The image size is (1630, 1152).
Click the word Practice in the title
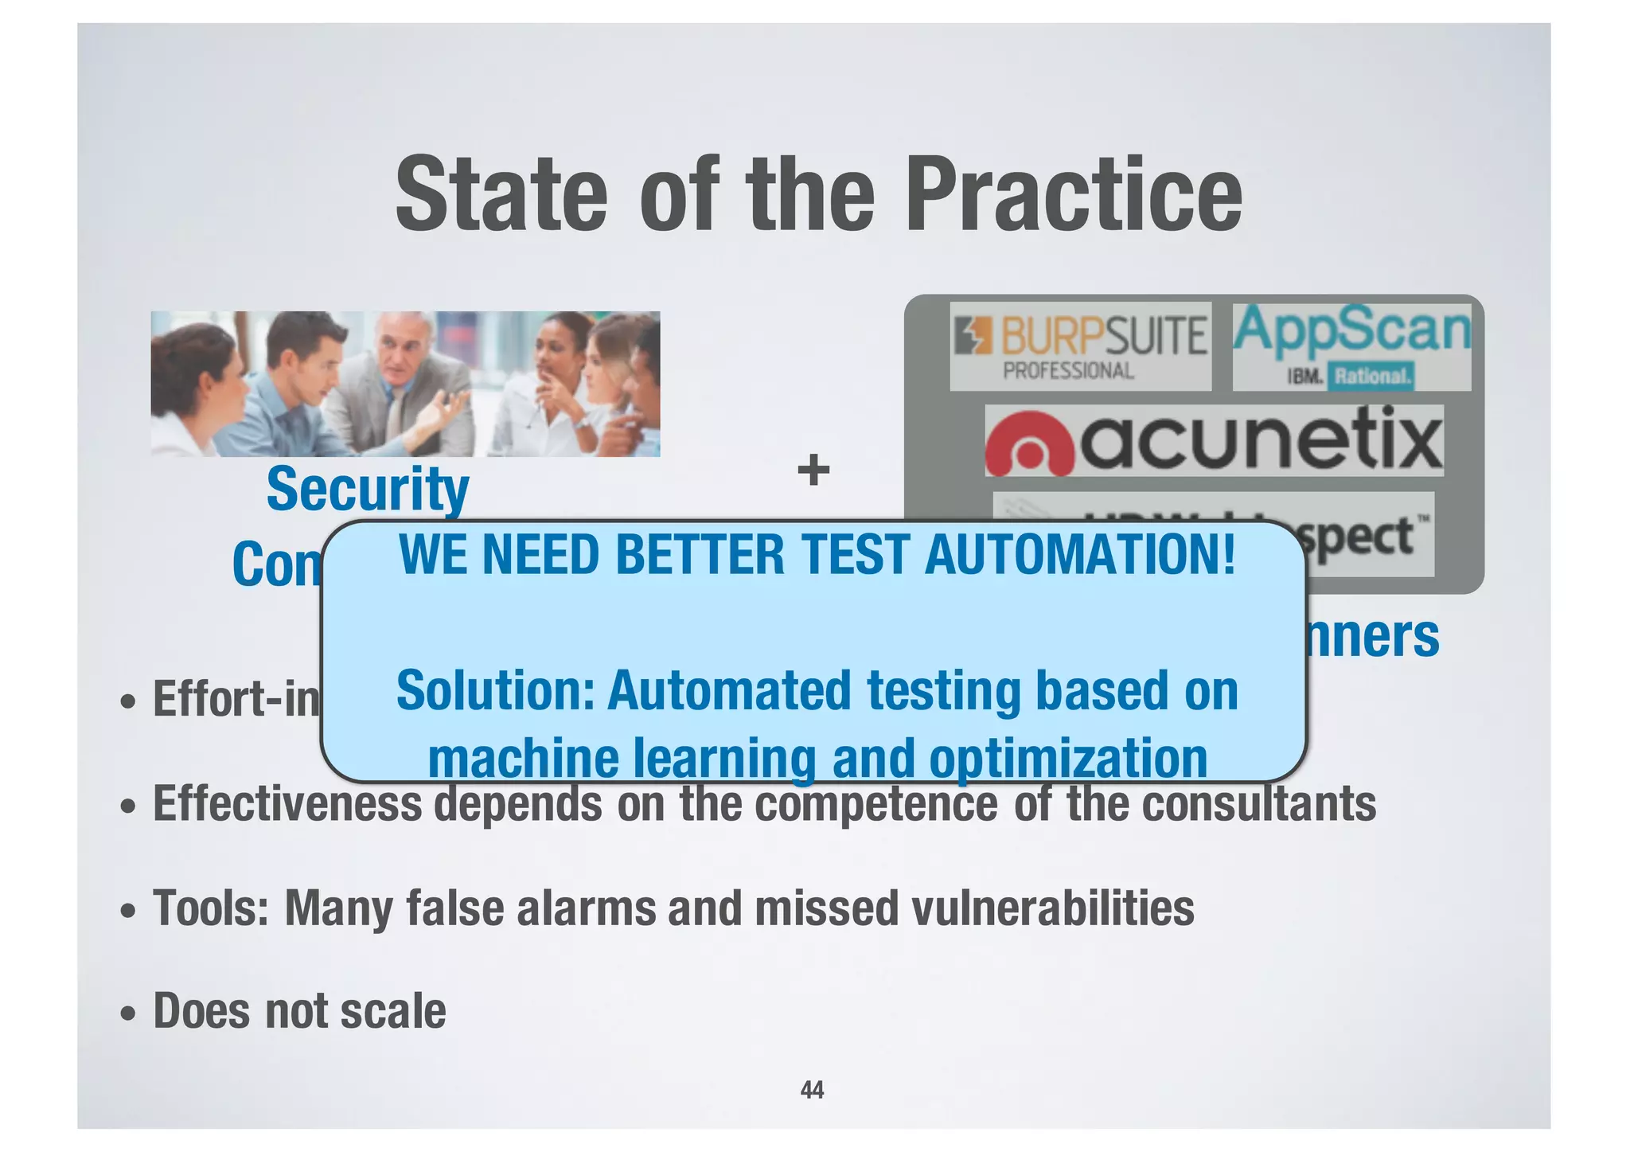(1073, 195)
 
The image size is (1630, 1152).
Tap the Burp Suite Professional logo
(1081, 346)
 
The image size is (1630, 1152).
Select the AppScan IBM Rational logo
(1351, 346)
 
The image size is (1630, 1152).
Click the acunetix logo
(1214, 440)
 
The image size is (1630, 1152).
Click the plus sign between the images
(813, 470)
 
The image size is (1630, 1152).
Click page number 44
(812, 1090)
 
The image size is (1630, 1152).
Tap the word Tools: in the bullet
(211, 908)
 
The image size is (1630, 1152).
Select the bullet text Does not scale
(298, 1011)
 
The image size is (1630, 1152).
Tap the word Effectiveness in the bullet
(287, 804)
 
